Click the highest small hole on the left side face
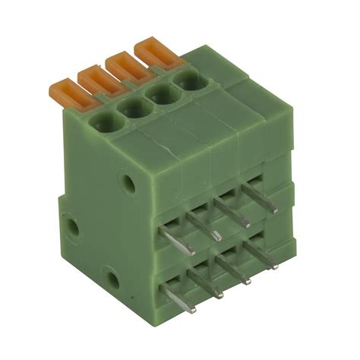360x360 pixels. [x=130, y=182]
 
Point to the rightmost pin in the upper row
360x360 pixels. [x=258, y=196]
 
